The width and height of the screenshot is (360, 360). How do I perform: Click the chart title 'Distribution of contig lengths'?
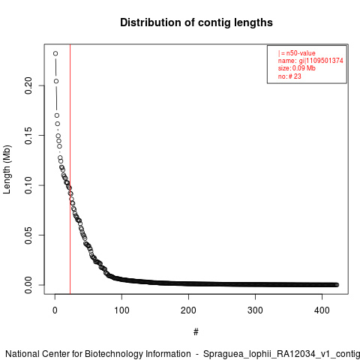click(196, 22)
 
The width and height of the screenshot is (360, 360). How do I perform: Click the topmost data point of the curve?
click(55, 53)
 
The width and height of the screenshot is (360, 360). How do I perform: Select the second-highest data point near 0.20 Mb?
click(56, 81)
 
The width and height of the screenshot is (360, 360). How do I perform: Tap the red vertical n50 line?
click(70, 169)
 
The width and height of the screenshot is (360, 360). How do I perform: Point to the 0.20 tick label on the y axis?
click(28, 85)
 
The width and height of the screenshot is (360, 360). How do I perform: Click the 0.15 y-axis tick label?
click(28, 136)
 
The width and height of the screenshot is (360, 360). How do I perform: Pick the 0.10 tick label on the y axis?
click(28, 185)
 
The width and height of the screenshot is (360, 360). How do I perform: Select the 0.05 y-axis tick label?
click(28, 235)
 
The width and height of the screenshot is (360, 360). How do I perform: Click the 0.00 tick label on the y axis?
click(28, 285)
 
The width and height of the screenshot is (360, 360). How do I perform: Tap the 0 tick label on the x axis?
click(55, 310)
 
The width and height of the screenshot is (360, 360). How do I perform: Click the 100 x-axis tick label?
click(121, 310)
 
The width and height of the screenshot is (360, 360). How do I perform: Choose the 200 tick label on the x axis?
click(188, 310)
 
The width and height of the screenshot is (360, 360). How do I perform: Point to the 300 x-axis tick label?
click(255, 310)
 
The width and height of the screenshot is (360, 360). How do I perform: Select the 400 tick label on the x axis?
click(322, 310)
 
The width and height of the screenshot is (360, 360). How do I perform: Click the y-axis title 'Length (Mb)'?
click(7, 169)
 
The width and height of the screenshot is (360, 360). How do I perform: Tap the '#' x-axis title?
click(196, 332)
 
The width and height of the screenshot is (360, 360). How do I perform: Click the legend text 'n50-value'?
click(301, 53)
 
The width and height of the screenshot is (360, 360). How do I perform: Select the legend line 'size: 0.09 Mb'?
click(297, 68)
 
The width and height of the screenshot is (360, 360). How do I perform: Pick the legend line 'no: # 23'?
click(289, 76)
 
